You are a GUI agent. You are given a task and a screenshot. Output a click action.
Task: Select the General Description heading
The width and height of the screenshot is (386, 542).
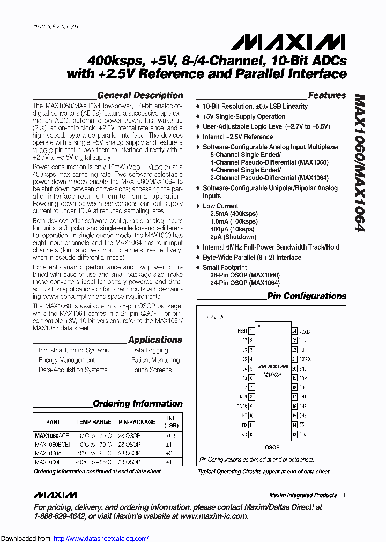tap(140, 95)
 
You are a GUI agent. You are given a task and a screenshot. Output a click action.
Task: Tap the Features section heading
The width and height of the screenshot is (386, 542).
tap(327, 95)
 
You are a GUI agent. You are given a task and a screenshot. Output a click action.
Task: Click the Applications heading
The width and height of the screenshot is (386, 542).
tap(155, 340)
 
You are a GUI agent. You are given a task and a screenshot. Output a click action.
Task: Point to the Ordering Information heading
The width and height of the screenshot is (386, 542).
tap(138, 404)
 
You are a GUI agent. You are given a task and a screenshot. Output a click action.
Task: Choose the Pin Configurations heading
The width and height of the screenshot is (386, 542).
tap(307, 296)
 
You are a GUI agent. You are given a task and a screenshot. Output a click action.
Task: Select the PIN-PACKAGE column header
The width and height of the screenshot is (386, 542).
tap(137, 422)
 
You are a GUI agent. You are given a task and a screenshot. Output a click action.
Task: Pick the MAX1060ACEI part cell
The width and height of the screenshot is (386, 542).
tap(52, 436)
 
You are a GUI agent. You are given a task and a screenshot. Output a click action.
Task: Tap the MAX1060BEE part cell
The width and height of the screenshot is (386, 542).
tap(51, 462)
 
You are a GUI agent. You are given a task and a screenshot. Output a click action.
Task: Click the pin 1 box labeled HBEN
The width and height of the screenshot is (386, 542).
tap(251, 331)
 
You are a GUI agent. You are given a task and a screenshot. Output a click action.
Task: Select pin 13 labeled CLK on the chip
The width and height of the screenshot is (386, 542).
tap(294, 434)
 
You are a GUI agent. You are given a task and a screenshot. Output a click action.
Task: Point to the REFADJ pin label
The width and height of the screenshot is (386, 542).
tap(305, 359)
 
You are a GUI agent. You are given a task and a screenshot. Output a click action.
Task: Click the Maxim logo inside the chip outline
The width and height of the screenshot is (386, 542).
tap(273, 367)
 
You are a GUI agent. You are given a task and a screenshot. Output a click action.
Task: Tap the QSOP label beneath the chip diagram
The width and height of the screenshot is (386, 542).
tap(272, 446)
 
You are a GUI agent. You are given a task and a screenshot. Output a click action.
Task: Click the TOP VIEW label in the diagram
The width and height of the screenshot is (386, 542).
tap(215, 317)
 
